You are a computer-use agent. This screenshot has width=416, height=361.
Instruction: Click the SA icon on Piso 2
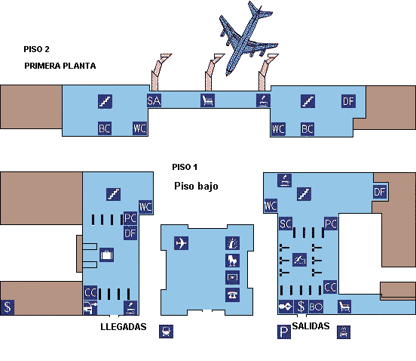pyautogui.click(x=154, y=100)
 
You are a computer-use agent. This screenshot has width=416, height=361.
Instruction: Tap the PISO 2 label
pyautogui.click(x=36, y=49)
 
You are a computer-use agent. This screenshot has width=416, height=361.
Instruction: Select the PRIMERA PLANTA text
pyautogui.click(x=60, y=66)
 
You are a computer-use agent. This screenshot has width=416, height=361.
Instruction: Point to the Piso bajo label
pyautogui.click(x=196, y=186)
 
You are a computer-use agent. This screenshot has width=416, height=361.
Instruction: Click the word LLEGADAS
pyautogui.click(x=124, y=327)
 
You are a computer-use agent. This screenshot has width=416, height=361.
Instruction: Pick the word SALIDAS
pyautogui.click(x=310, y=326)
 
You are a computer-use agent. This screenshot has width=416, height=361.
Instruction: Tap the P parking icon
pyautogui.click(x=284, y=332)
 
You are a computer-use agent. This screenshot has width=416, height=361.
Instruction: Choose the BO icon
pyautogui.click(x=316, y=307)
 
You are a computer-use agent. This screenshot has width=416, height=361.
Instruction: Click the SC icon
pyautogui.click(x=286, y=224)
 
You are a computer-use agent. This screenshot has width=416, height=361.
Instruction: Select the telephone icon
pyautogui.click(x=232, y=295)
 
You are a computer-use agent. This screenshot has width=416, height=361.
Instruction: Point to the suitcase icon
pyautogui.click(x=107, y=255)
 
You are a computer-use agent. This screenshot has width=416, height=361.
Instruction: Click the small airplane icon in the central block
pyautogui.click(x=181, y=243)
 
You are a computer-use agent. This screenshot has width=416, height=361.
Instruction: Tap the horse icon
pyautogui.click(x=232, y=261)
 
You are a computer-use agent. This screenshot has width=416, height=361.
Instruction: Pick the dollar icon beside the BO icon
pyautogui.click(x=301, y=307)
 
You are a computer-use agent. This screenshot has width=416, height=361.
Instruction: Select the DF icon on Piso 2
pyautogui.click(x=348, y=101)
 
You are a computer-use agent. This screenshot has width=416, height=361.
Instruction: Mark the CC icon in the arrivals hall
pyautogui.click(x=90, y=293)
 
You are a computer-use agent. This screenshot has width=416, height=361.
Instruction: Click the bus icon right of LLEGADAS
pyautogui.click(x=166, y=332)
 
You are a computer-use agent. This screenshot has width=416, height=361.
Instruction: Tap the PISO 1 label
pyautogui.click(x=185, y=167)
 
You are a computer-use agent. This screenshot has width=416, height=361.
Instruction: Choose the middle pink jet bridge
pyautogui.click(x=213, y=72)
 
